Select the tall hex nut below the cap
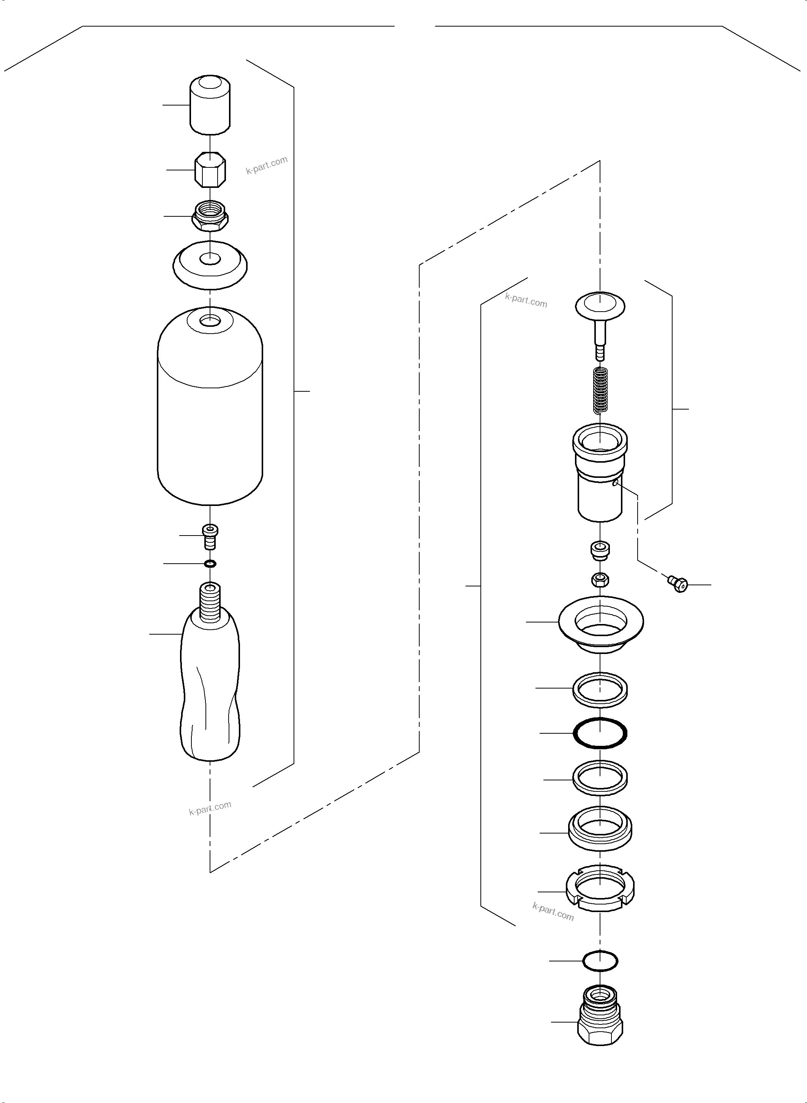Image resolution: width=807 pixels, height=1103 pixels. [x=210, y=170]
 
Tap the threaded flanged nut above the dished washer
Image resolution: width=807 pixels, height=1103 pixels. [x=210, y=216]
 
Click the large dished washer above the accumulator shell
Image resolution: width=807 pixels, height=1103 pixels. [x=210, y=265]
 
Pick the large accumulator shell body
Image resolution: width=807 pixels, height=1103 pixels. [x=210, y=415]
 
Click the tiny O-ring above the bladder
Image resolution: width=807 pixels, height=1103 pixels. [x=210, y=564]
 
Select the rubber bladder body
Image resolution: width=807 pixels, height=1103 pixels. [x=210, y=693]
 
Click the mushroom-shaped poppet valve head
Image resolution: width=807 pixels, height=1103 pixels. [x=600, y=306]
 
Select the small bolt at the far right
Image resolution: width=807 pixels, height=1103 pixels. [x=678, y=583]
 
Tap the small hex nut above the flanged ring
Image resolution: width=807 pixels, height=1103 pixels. [x=600, y=580]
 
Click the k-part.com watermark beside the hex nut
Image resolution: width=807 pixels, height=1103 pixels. [x=267, y=165]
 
